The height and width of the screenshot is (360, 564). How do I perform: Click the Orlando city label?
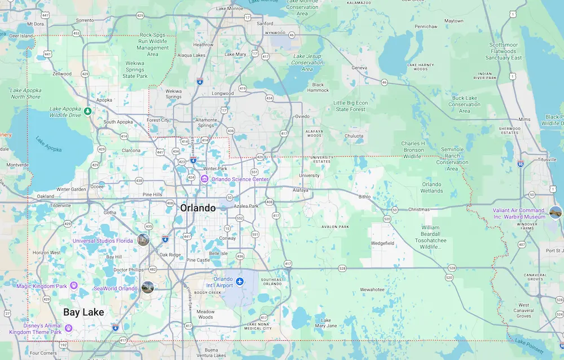point(197,208)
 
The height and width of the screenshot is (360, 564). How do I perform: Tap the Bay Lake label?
point(83,312)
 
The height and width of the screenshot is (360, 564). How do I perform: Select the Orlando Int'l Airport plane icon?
point(240,281)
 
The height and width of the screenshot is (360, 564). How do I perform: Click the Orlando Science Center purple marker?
point(205,179)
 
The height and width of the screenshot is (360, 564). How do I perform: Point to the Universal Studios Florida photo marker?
point(143,239)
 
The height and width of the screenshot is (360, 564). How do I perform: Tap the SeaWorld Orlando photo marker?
point(148,287)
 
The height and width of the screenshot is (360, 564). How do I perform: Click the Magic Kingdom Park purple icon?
point(74,286)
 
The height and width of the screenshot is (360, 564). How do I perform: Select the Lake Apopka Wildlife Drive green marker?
point(88,111)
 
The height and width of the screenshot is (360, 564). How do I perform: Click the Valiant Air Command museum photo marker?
point(556,212)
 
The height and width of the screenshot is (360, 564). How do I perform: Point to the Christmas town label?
point(419,209)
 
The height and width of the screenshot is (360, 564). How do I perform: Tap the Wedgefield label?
point(382,243)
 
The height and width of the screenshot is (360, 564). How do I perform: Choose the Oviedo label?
point(303,116)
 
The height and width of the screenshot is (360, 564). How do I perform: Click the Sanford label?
point(265,24)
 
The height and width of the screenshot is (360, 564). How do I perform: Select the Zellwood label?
point(61,74)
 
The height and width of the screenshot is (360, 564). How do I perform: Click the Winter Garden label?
point(71,189)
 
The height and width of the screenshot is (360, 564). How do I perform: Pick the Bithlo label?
point(365,197)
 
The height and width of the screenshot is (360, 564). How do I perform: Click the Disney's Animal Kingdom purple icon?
point(69,328)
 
